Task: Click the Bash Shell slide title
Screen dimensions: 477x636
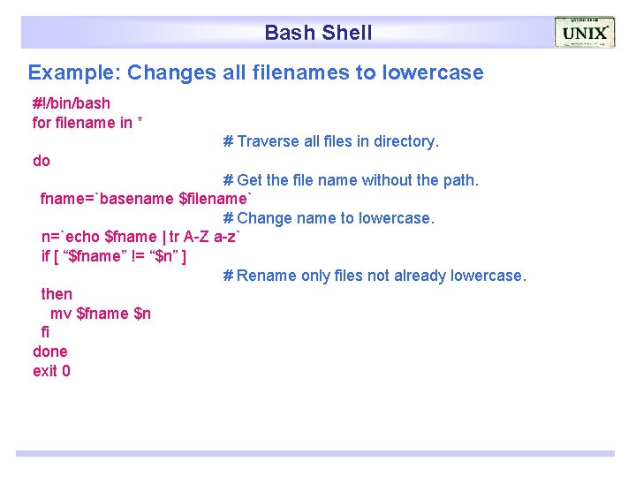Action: pyautogui.click(x=318, y=34)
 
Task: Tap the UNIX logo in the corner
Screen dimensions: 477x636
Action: pyautogui.click(x=585, y=33)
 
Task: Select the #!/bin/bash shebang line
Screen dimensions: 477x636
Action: pyautogui.click(x=72, y=103)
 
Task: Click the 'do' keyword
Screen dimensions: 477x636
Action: pyautogui.click(x=42, y=161)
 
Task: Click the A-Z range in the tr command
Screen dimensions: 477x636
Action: pyautogui.click(x=196, y=237)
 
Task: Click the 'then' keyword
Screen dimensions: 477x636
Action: pyautogui.click(x=57, y=294)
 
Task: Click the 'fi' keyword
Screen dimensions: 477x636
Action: pyautogui.click(x=46, y=332)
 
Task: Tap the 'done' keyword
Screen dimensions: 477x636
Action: pyautogui.click(x=50, y=352)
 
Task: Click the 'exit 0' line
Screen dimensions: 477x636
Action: pyautogui.click(x=51, y=371)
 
